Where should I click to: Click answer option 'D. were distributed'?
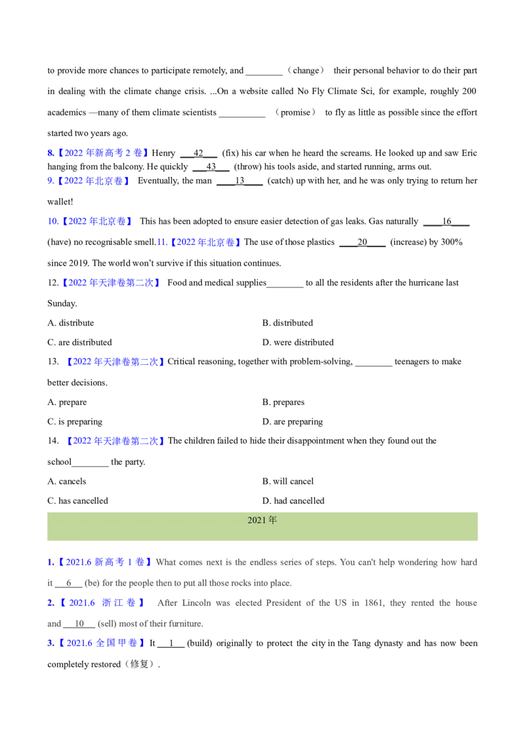point(297,342)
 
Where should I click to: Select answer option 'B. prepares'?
point(283,402)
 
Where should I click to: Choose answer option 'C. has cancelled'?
point(77,500)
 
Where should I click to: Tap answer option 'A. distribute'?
point(71,323)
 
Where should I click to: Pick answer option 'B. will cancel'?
point(288,481)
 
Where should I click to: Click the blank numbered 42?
point(199,154)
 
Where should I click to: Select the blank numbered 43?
point(211,167)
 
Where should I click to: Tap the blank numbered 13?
point(240,181)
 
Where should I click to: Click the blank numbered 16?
point(446,221)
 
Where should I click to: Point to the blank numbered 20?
point(362,242)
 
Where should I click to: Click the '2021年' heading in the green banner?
point(262,520)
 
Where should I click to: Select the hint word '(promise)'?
point(296,112)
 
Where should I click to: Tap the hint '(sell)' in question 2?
point(107,624)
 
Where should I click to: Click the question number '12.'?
point(53,282)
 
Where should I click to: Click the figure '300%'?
point(451,242)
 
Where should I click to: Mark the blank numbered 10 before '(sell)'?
point(79,624)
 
